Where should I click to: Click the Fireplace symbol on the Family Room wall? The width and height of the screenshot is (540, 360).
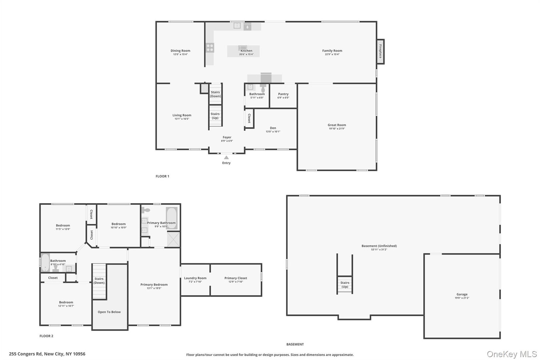point(380,51)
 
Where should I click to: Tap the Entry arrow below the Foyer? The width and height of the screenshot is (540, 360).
point(226,157)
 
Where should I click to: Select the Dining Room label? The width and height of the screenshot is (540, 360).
point(180,51)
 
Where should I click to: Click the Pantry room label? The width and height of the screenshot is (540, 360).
point(283,94)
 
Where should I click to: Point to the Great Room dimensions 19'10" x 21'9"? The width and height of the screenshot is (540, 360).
point(337,129)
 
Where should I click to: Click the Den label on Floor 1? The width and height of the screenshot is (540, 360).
point(273,128)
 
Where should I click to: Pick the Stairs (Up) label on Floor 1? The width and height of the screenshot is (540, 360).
point(215,116)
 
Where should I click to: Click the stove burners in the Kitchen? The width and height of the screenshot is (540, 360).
point(210,48)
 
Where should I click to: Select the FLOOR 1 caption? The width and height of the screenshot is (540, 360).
point(162,176)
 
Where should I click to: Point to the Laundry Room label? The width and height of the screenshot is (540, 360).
point(195,278)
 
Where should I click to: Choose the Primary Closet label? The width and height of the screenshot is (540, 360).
point(236,278)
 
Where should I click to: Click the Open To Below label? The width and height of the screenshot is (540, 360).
point(109,312)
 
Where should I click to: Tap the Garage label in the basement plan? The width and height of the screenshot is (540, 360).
point(462,294)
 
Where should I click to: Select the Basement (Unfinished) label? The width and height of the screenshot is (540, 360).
point(379,246)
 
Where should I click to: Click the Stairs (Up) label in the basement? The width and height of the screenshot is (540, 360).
point(345,285)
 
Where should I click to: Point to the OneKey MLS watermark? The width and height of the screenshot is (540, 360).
point(512,354)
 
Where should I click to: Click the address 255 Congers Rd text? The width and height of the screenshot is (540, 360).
point(47,354)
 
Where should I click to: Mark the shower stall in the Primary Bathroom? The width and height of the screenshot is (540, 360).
point(173,239)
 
